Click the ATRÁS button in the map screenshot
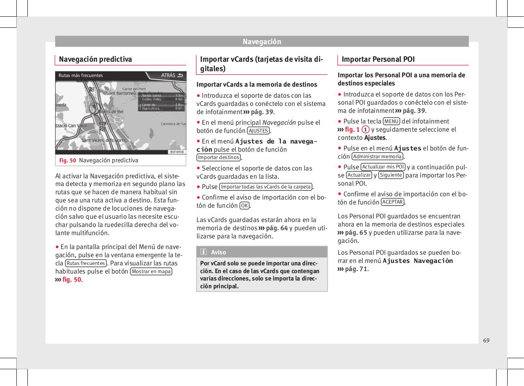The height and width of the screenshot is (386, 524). tap(172, 75)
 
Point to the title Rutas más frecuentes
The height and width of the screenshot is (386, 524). tap(81, 76)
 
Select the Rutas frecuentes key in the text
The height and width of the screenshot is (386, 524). tap(86, 263)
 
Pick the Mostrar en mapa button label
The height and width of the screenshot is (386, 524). tap(151, 272)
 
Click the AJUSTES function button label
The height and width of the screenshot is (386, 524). tap(258, 131)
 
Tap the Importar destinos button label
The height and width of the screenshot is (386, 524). tap(219, 157)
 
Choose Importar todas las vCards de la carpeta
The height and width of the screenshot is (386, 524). tap(266, 187)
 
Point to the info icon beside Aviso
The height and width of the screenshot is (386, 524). tap(203, 252)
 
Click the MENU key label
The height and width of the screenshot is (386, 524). tap(391, 121)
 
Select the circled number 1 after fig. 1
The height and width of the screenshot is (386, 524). tap(366, 130)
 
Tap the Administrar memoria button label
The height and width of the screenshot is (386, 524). tap(377, 157)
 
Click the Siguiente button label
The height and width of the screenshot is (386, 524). tap(391, 175)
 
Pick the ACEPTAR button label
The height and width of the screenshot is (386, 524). tap(392, 202)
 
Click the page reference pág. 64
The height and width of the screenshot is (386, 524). tap(276, 228)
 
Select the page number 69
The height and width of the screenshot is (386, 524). tap(486, 341)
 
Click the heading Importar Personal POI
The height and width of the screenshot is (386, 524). tap(378, 59)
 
